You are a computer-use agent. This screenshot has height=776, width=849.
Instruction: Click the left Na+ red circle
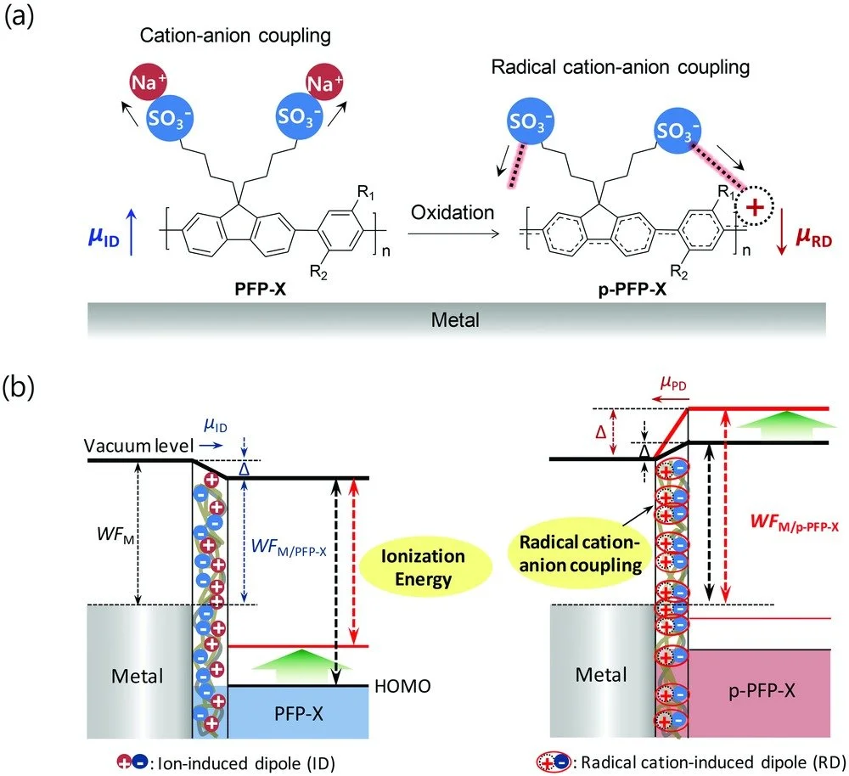tap(148, 82)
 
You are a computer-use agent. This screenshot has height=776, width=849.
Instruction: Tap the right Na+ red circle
tap(324, 82)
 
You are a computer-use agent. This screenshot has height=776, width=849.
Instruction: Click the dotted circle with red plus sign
tap(754, 206)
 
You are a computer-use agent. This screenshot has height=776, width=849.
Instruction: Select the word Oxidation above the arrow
tap(453, 212)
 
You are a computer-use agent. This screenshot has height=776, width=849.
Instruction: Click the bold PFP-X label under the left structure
tap(260, 290)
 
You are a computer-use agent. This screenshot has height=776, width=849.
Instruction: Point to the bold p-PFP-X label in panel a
tap(632, 290)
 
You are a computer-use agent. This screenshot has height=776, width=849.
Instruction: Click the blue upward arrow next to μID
tap(131, 233)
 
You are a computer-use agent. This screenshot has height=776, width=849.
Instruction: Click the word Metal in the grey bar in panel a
tap(455, 320)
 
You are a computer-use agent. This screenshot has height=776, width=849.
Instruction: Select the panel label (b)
tap(19, 388)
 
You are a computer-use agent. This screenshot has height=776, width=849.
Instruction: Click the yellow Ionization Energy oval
tap(422, 567)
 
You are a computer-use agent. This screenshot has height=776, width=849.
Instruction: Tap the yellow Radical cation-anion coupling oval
tap(580, 554)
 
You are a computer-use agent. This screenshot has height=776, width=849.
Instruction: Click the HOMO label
tap(402, 687)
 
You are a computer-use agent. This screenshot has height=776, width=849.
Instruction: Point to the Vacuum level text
tap(138, 446)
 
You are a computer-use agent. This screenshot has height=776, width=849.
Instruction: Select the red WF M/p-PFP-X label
tap(795, 522)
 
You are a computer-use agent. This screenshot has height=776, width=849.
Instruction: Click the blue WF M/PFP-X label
tap(289, 547)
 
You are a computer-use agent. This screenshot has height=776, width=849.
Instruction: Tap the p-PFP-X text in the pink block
tap(762, 691)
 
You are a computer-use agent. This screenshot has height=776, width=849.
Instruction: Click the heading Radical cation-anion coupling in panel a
tap(621, 67)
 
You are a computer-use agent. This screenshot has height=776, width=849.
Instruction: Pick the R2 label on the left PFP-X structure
tap(318, 273)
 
